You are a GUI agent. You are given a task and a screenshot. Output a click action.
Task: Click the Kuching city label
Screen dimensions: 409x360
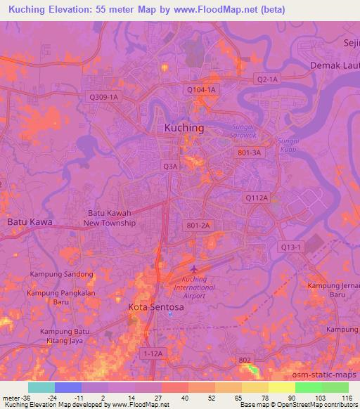(184, 128)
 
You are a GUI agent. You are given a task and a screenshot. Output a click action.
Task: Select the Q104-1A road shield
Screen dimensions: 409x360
(202, 90)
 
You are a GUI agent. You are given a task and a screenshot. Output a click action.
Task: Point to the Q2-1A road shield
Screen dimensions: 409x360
(267, 79)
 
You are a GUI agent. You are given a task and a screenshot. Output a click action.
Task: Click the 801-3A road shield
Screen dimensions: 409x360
(249, 152)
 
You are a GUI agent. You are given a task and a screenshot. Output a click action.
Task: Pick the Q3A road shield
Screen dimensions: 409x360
(171, 167)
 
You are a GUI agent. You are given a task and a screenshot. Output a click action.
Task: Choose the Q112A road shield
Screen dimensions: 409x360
(257, 198)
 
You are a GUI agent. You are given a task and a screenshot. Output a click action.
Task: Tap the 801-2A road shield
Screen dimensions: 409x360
(199, 225)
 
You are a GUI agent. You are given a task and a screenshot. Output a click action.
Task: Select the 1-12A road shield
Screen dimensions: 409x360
(153, 353)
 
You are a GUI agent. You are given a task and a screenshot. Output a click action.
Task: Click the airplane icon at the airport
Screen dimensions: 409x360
(193, 269)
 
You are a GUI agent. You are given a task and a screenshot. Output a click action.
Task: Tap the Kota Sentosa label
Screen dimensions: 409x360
(156, 307)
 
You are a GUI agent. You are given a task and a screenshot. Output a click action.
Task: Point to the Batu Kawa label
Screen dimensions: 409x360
(30, 222)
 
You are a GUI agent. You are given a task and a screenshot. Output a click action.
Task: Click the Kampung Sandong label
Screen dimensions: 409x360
(61, 274)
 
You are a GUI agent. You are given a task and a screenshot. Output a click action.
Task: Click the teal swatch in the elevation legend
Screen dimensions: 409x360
(41, 387)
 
